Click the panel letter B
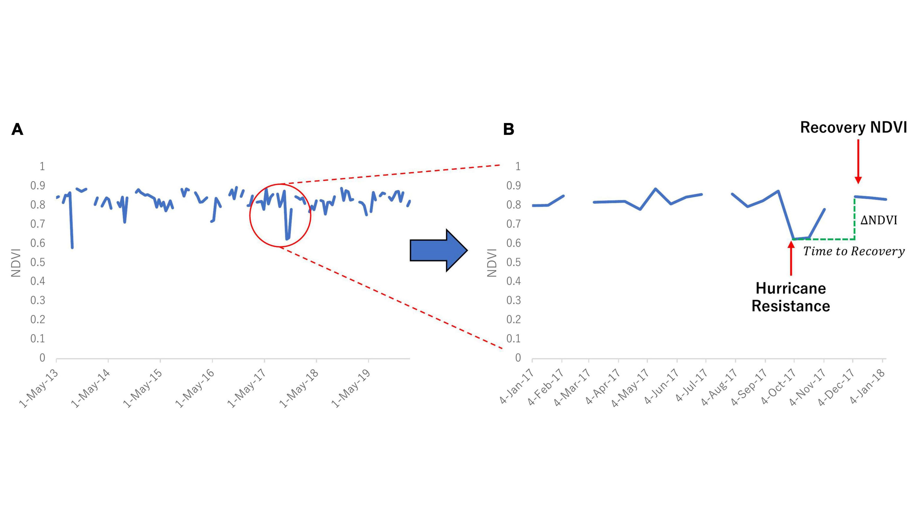pos(509,129)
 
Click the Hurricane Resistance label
pos(791,297)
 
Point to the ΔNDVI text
pos(878,220)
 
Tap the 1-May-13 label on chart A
pos(38,388)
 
